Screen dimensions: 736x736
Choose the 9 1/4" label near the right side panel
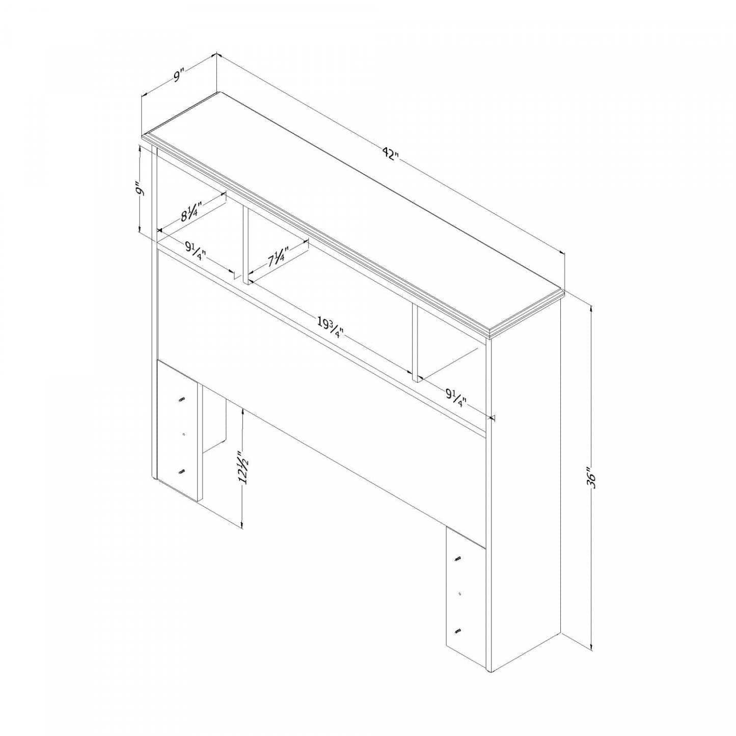coord(456,398)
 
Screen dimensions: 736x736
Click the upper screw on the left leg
coord(181,400)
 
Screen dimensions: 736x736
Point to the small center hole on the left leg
coord(184,435)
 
